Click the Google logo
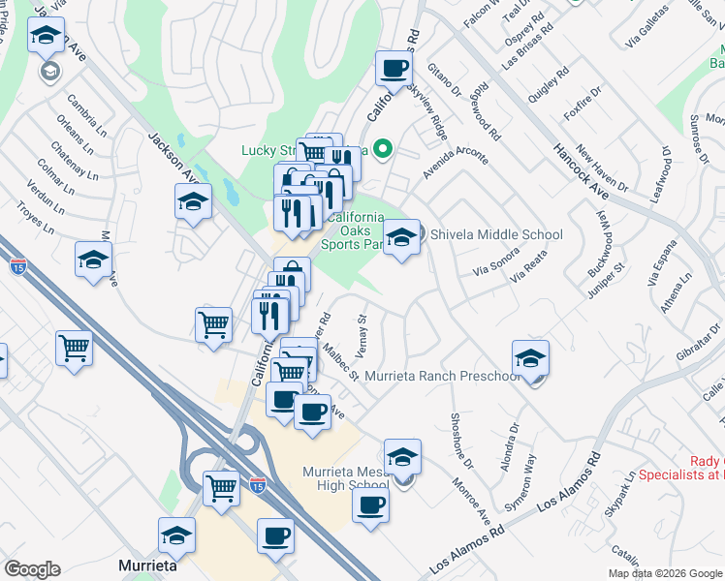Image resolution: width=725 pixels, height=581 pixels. pos(32,569)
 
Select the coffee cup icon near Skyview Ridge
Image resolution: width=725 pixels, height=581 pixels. pos(394,69)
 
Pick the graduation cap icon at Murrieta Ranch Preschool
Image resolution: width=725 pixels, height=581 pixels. pos(530,358)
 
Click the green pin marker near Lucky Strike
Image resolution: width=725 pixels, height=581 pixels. pos(383,150)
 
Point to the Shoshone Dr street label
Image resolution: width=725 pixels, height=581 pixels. pos(458,437)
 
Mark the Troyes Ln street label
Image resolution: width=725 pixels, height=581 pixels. pos(35,220)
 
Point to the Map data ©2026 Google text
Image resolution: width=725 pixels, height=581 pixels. pos(666,573)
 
